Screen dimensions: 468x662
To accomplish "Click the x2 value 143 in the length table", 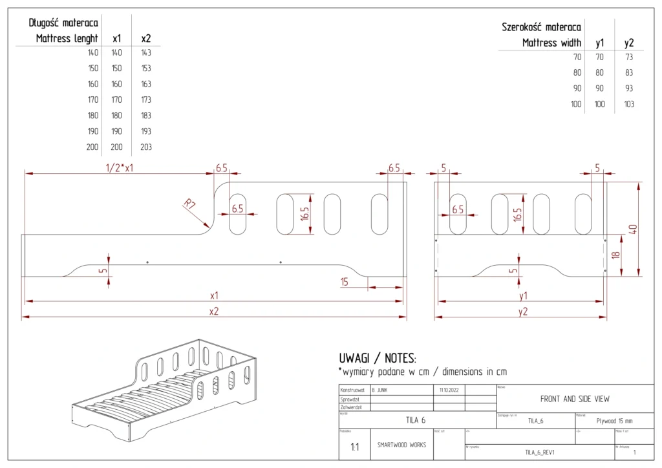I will [146, 53].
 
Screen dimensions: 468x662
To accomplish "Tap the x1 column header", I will [117, 39].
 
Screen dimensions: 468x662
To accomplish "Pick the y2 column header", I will [628, 43].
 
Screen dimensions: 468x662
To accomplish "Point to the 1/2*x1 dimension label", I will [123, 167].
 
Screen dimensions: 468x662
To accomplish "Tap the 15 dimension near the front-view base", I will [345, 281].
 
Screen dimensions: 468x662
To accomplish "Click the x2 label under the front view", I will [214, 311].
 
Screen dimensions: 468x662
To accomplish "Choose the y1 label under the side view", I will [523, 295].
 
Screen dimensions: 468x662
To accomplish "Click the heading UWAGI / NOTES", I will [378, 358].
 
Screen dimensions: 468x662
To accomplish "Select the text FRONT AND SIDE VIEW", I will [575, 399].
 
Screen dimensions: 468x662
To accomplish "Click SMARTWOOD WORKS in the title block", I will [401, 445].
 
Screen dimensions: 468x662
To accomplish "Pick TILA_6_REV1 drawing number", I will [539, 452].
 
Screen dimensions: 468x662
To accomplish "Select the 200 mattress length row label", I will [92, 147].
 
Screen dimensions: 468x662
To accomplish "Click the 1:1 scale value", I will [355, 447].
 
